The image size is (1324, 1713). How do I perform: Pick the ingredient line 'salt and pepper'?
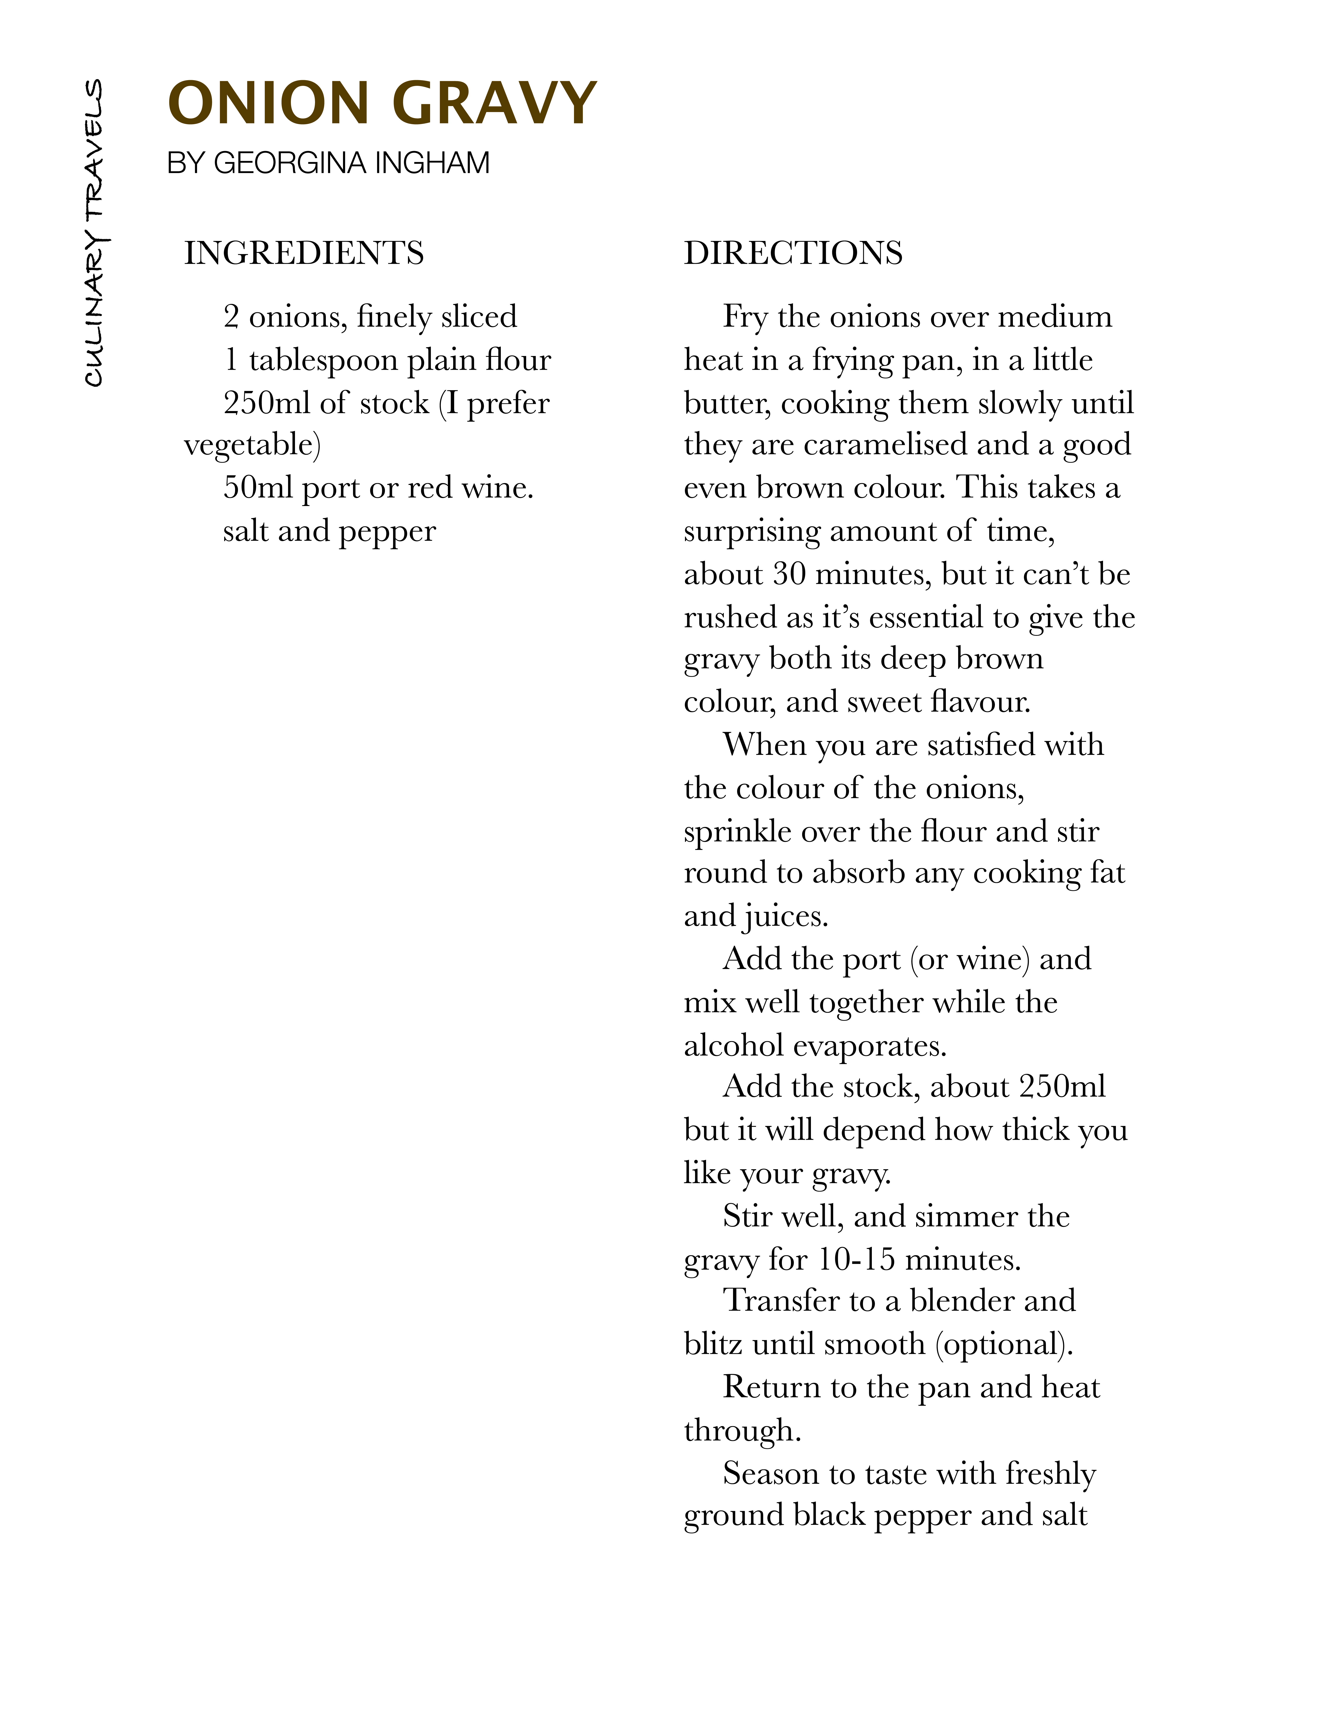pos(330,531)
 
